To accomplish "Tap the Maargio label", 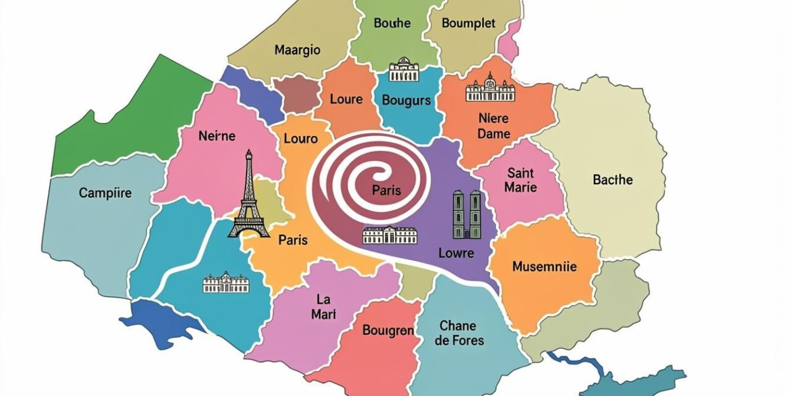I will pos(297,50).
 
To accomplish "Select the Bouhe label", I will pos(392,24).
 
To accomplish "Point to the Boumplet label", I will pos(468,24).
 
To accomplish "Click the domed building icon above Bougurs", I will pos(404,70).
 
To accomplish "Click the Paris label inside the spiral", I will pos(387,191).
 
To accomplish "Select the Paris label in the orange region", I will pos(293,239).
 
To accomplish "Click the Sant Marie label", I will pos(520,179).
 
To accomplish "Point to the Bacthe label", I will pos(612,180).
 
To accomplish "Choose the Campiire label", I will pos(105,193).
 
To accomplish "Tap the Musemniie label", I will pos(544,267).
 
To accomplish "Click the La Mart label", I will pos(323,307).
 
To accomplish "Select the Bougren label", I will pos(388,331).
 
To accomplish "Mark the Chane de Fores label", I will pos(457,333).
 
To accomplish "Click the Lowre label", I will pos(455,253).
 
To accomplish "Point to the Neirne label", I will pos(217,136).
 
